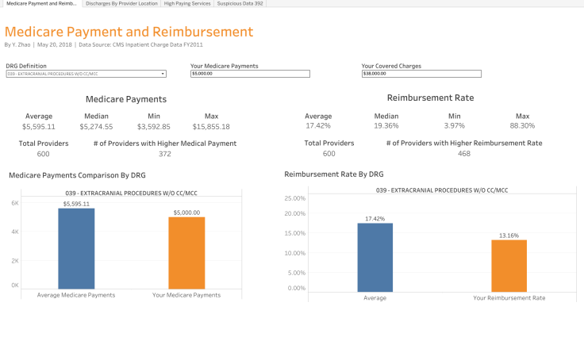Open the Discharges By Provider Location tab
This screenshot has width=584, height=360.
coord(121,3)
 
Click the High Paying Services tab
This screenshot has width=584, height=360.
coord(187,3)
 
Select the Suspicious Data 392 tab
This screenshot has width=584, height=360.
coord(240,3)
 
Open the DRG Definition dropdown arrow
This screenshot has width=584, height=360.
coord(163,74)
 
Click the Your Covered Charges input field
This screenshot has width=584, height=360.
coord(421,74)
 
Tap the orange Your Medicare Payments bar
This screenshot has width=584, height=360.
coord(186,253)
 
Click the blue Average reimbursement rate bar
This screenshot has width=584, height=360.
coord(375,258)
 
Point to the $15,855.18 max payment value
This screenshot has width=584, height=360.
coord(211,126)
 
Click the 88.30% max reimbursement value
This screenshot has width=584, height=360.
coord(521,125)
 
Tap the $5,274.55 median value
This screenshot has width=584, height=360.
coord(96,126)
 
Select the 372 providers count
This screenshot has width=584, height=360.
coord(165,154)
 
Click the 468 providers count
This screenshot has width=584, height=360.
coord(463,154)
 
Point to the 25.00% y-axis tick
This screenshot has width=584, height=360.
coord(294,198)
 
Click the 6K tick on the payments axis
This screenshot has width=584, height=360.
coord(14,203)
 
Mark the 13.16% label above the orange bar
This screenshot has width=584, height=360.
coord(509,236)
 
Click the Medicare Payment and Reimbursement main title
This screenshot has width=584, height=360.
coord(129,33)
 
